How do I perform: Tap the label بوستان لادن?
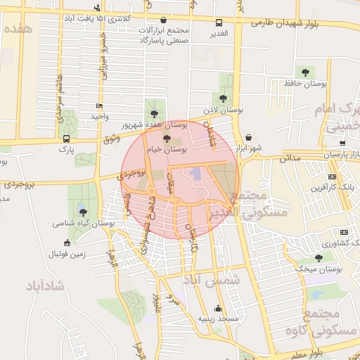(x=223, y=110)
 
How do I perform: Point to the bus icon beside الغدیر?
(x=219, y=22)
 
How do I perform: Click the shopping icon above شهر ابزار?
(x=250, y=136)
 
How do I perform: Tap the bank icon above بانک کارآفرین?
(x=332, y=176)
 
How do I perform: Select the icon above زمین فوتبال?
(x=66, y=243)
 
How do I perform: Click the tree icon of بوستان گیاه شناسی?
(x=82, y=212)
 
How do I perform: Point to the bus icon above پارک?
(x=65, y=139)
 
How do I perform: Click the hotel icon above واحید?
(x=98, y=106)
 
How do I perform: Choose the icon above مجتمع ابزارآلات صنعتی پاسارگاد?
(x=165, y=22)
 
